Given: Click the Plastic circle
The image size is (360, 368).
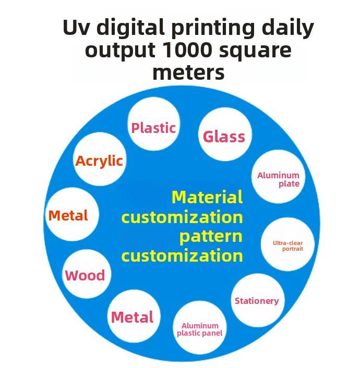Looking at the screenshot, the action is (153, 126).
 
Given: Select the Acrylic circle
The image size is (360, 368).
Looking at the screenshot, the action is (99, 161).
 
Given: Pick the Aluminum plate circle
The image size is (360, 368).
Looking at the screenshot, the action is (278, 178).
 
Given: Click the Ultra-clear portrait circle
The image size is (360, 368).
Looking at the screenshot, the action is (287, 245).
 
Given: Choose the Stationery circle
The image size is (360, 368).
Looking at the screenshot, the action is (257, 301).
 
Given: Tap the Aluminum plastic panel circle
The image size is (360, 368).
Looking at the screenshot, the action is (200, 329).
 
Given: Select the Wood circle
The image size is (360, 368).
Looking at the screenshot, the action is (85, 275).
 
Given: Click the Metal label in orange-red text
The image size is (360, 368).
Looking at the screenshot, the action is (68, 215).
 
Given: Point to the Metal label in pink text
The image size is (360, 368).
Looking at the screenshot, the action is (133, 317).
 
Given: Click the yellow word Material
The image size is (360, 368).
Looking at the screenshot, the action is (207, 197).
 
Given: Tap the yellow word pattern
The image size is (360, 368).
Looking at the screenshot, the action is (211, 236).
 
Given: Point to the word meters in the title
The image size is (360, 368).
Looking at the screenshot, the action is (188, 72).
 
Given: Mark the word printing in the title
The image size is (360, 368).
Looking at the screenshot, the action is (207, 28).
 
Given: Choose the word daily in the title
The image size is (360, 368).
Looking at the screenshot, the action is (289, 28).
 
